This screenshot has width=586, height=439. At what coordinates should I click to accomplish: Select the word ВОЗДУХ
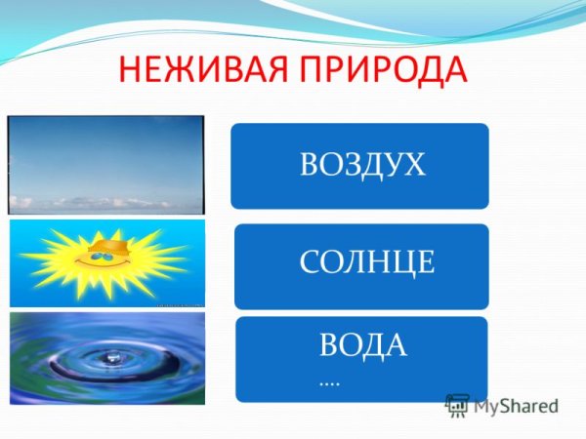[x=362, y=165]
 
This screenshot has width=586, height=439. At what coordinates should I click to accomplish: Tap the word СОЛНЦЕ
[x=366, y=261]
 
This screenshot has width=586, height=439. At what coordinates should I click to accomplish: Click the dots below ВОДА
[x=329, y=382]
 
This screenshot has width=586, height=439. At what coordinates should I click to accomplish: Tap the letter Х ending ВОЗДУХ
[x=414, y=165]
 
